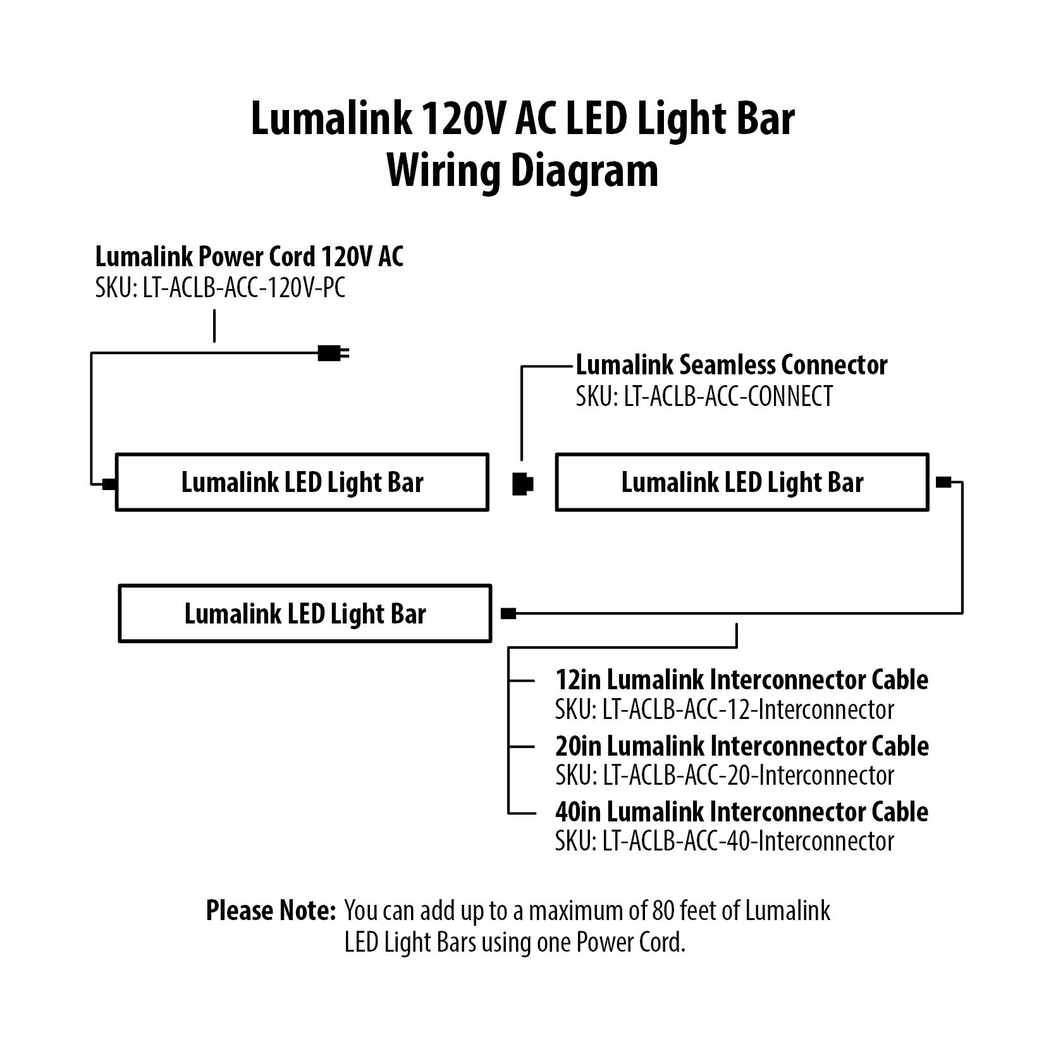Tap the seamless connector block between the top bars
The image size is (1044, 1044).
tap(522, 484)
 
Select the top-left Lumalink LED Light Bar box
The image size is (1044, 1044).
tap(302, 482)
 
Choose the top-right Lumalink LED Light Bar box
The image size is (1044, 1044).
tap(742, 482)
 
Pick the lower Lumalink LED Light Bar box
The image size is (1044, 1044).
tap(305, 613)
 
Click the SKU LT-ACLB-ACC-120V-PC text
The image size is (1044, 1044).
tap(220, 288)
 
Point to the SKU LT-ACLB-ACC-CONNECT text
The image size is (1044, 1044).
tap(704, 396)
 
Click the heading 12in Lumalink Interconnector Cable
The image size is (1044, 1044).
tap(741, 680)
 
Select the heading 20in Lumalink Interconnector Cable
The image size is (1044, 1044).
tap(741, 746)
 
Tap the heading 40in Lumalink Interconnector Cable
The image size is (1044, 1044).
tap(741, 812)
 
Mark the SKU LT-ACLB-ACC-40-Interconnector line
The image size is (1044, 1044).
tap(725, 842)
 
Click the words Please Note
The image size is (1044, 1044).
tap(270, 911)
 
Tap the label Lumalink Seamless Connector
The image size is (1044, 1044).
tap(731, 365)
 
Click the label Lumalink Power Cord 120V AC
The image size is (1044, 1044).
tap(249, 257)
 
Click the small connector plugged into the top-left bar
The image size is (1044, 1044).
tap(109, 484)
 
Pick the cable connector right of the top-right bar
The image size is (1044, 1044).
tap(943, 482)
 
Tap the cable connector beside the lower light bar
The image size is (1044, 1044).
tap(508, 613)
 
